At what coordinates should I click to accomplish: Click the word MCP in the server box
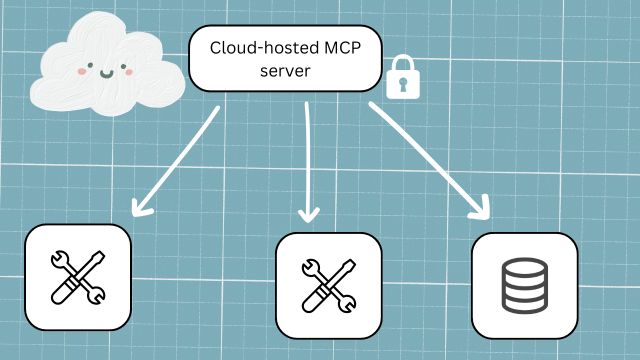tap(345, 48)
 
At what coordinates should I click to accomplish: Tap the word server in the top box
tap(285, 70)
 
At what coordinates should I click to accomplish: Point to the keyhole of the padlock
tap(403, 85)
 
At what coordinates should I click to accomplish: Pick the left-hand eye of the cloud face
tap(90, 64)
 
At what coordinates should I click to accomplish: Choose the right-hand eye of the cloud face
tap(123, 66)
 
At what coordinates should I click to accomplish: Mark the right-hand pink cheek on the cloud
tap(129, 72)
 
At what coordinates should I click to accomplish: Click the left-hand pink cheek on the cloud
tap(81, 71)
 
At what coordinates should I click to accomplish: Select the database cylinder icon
tap(524, 285)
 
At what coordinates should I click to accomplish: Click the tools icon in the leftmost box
tap(78, 277)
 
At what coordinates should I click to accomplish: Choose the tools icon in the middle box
tap(328, 285)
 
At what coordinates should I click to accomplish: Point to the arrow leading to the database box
tap(425, 155)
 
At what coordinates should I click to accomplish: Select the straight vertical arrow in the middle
tap(307, 160)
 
